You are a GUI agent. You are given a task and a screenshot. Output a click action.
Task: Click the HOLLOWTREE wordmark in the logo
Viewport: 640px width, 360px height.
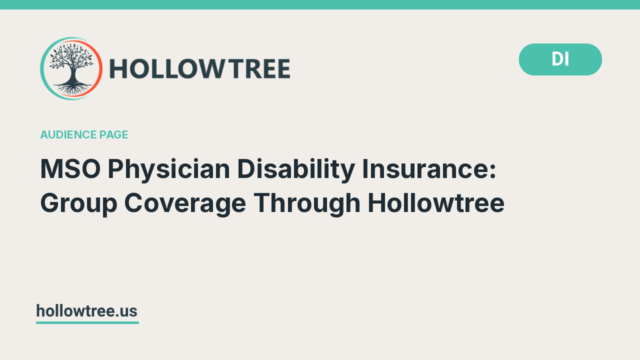coord(200,69)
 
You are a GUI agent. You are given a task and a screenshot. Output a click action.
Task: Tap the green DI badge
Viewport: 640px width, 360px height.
coord(560,59)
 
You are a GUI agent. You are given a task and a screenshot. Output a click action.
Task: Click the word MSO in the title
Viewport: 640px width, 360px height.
coord(69,169)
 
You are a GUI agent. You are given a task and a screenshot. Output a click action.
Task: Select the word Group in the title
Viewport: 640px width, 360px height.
coord(78,203)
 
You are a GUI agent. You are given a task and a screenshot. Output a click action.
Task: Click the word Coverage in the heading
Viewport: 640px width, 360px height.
coord(185,203)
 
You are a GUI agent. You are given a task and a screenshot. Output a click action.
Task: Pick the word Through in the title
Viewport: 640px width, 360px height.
coord(307,203)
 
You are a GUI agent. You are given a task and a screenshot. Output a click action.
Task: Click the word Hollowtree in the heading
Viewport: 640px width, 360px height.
coord(436,203)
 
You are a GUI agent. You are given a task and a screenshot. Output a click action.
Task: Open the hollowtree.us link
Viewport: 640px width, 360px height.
coord(86,311)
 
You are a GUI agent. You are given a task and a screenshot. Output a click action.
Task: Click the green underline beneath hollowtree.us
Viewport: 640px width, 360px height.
coord(87,322)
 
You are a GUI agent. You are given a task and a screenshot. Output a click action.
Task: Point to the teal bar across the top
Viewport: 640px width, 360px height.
coord(320,4)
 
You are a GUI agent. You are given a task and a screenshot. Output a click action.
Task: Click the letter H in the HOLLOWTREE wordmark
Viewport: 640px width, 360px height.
coord(118,69)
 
